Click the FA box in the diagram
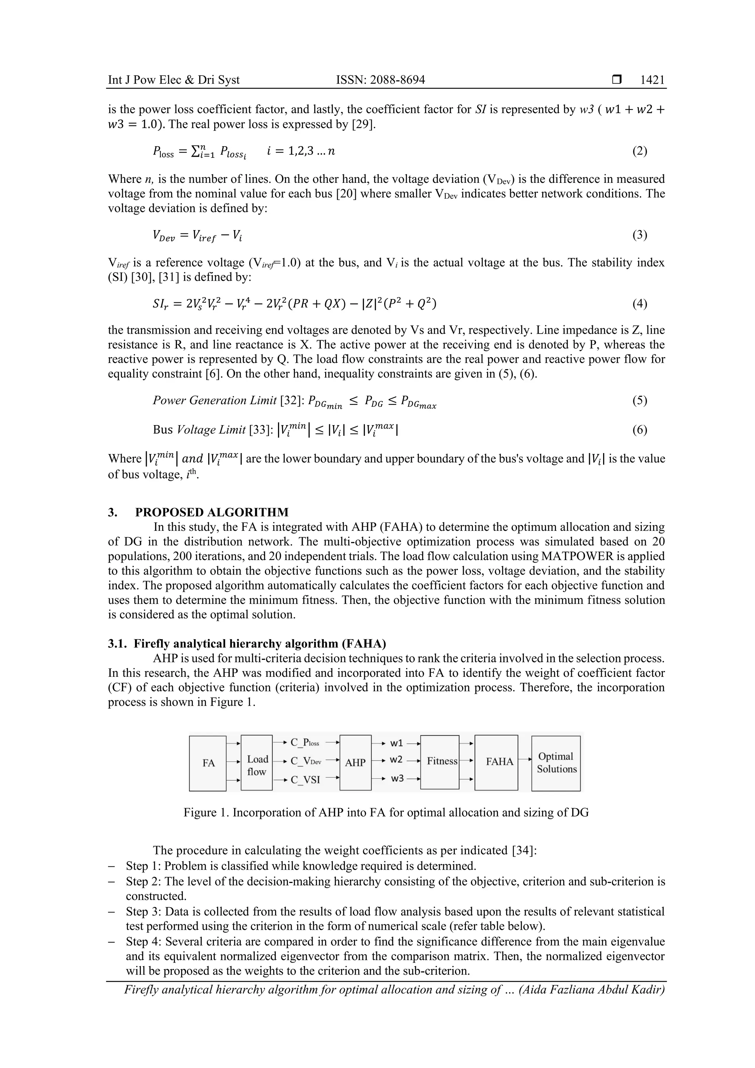point(208,763)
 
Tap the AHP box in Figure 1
point(355,763)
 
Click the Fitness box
point(439,762)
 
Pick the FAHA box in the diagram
point(499,762)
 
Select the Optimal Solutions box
point(556,763)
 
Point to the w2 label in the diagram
point(396,759)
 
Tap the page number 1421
point(652,80)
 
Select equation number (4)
point(640,304)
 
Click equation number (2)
point(640,151)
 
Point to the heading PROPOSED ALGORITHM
point(212,512)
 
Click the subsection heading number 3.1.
point(117,644)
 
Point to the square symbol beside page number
point(617,80)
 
